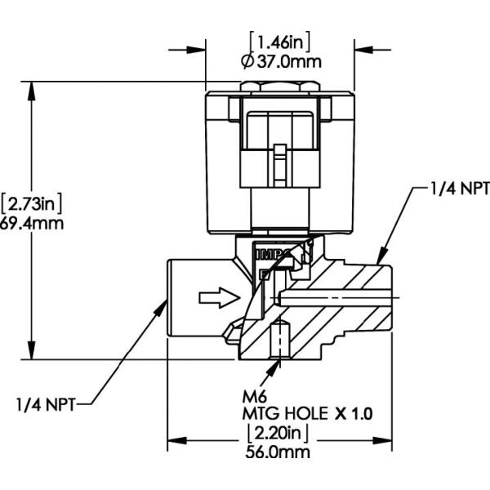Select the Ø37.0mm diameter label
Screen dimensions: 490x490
279,60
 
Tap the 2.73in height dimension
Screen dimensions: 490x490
33,201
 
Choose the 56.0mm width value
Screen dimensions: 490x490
279,450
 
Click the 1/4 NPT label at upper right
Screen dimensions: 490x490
459,189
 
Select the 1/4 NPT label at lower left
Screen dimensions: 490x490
47,403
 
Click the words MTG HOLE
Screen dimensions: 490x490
282,413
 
